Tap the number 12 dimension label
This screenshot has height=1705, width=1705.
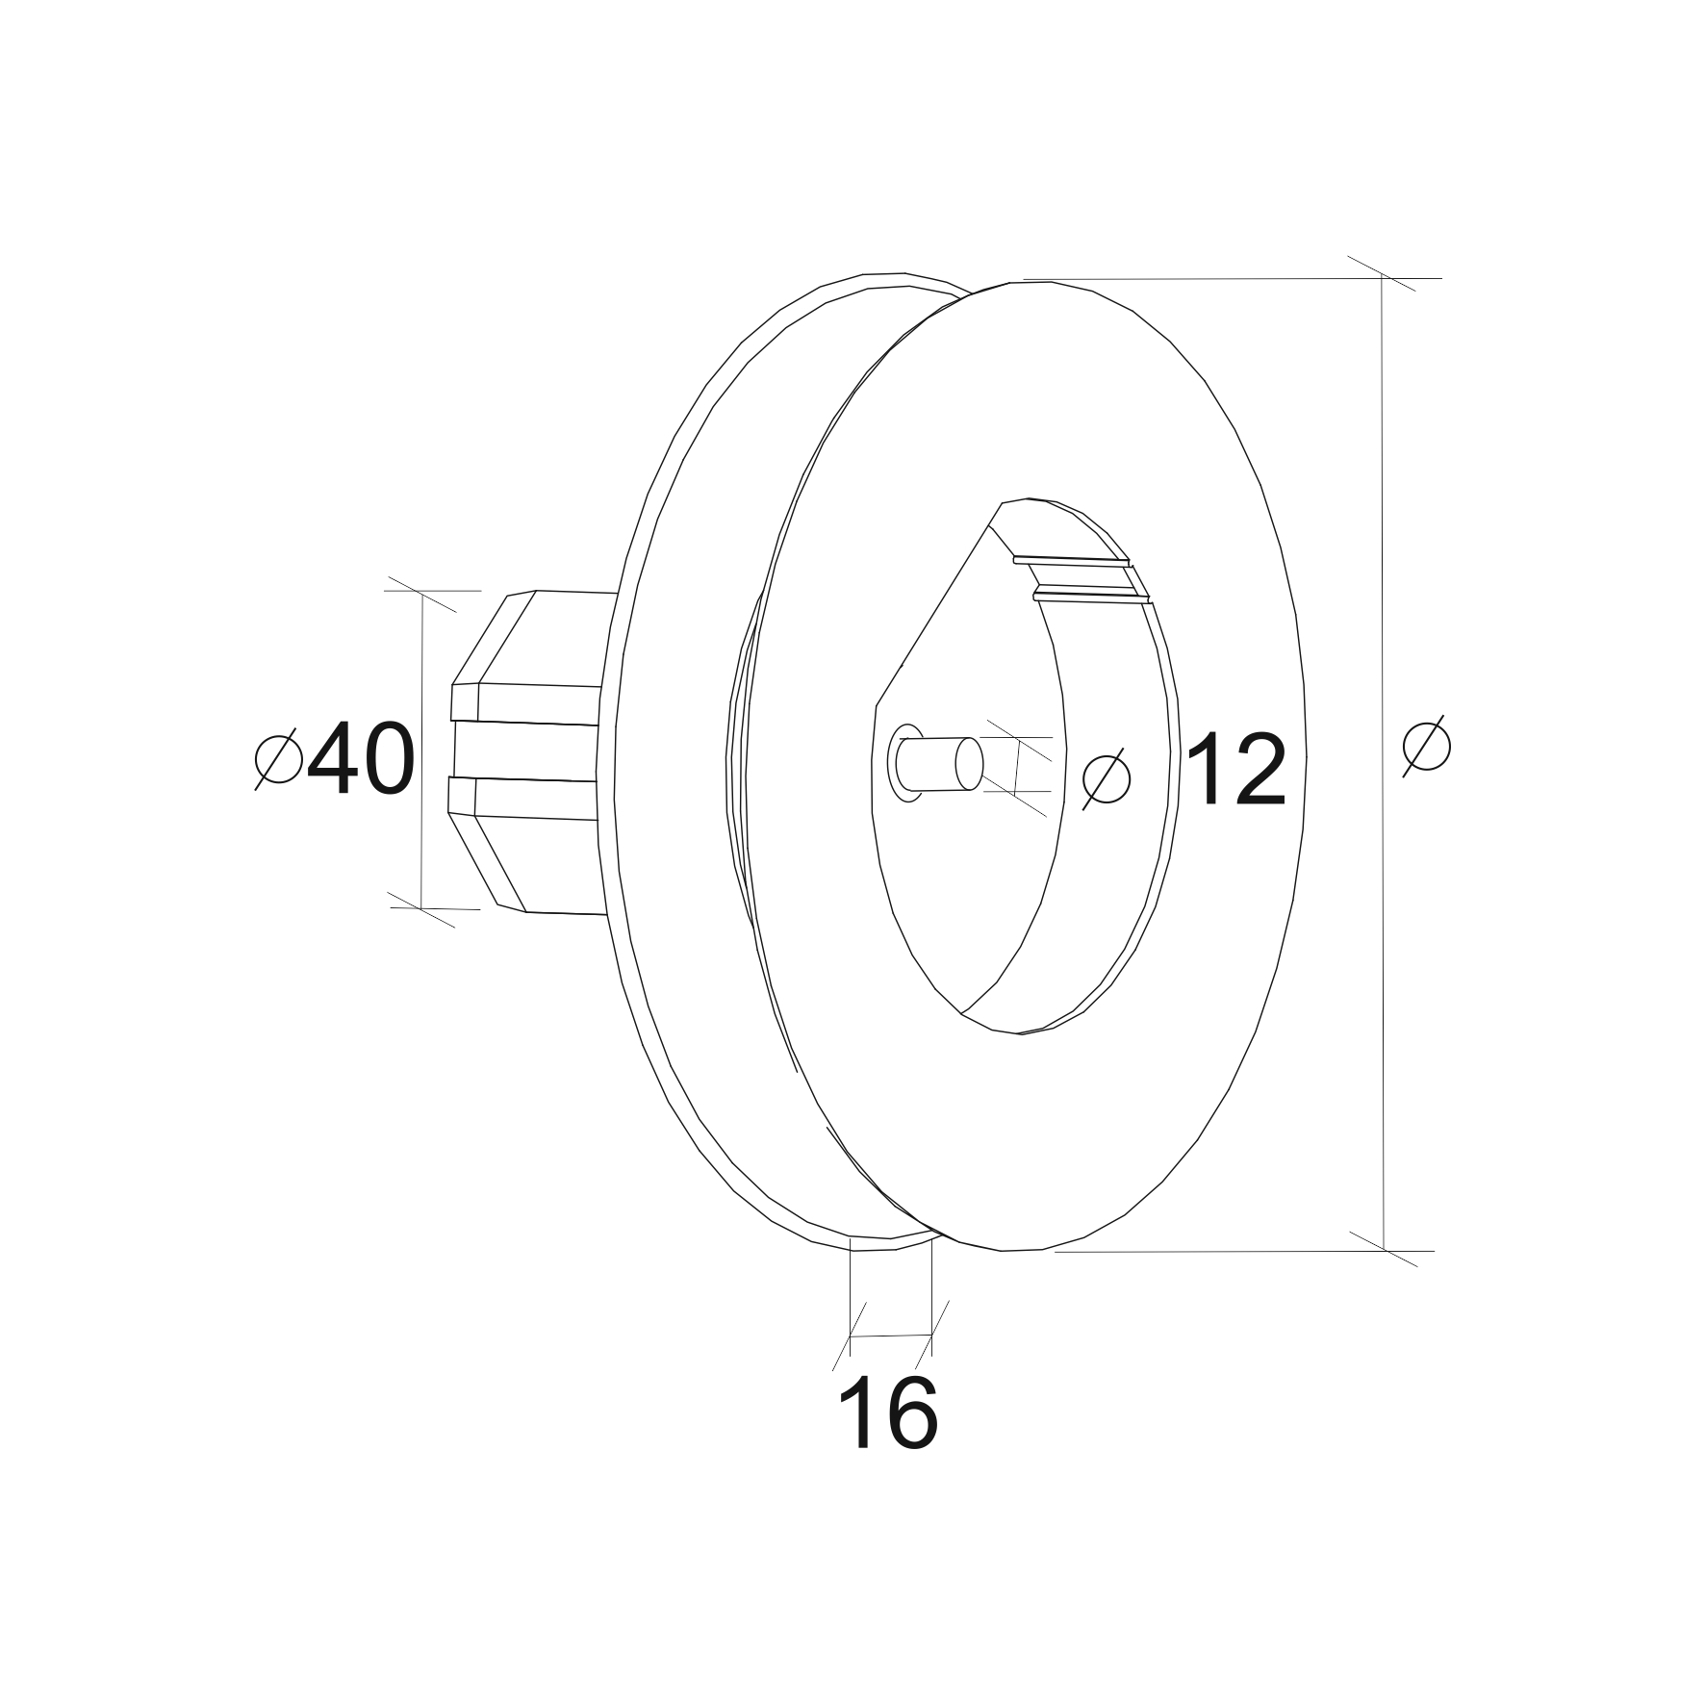point(1235,770)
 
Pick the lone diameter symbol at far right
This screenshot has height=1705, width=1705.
point(1427,744)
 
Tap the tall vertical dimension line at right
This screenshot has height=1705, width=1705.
point(1383,764)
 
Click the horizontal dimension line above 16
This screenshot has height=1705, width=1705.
point(891,1336)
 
